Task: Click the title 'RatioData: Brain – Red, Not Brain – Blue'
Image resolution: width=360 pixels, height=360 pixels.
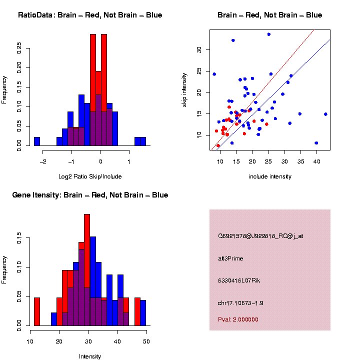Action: point(90,15)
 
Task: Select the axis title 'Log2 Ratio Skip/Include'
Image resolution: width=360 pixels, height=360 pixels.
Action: point(89,176)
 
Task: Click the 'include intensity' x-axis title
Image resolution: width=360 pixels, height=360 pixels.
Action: point(270,176)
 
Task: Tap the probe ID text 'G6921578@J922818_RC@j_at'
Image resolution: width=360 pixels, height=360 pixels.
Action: point(260,236)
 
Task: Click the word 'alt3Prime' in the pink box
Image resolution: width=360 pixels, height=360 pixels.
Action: point(230,258)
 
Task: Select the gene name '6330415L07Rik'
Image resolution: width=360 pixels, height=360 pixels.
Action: point(239,280)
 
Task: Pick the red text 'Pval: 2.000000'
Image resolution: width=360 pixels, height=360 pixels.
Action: point(238,319)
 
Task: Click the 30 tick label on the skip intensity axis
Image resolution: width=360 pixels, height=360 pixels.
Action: point(199,49)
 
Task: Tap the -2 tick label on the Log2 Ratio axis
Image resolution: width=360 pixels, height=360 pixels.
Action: point(43,161)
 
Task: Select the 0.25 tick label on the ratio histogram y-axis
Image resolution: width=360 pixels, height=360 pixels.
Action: point(19,46)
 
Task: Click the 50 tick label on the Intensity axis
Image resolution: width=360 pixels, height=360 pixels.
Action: point(146,341)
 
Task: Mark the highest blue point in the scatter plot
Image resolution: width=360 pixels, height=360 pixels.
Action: point(269,34)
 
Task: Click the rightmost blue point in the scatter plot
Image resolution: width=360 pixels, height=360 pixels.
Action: point(325,114)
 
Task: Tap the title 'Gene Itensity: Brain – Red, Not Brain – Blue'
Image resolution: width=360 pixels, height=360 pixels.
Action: point(90,195)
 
